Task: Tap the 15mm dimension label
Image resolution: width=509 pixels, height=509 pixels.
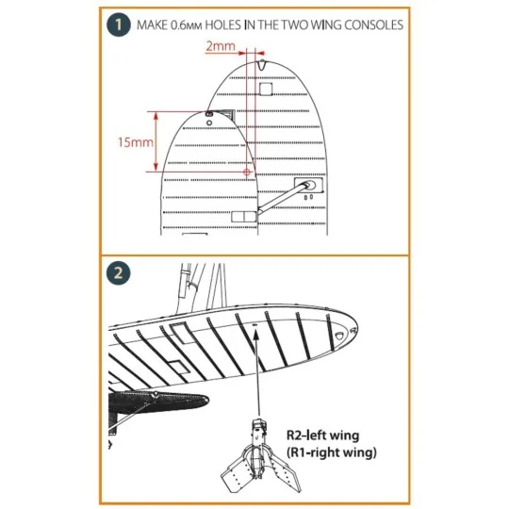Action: click(x=125, y=142)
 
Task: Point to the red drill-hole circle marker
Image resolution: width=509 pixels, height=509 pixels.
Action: click(x=247, y=172)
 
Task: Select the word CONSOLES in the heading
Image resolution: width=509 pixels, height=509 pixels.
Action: click(x=375, y=25)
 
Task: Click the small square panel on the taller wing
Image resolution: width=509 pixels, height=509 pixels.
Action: click(x=266, y=89)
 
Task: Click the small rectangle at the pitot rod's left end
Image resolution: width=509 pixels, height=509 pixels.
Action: click(x=243, y=217)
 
